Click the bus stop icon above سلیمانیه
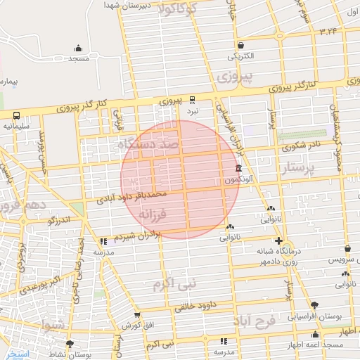coord(15,116)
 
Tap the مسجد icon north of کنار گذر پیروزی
coord(78,49)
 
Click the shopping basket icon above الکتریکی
coord(242,45)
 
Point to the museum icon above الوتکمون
coord(239,169)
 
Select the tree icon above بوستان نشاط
coord(70,344)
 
